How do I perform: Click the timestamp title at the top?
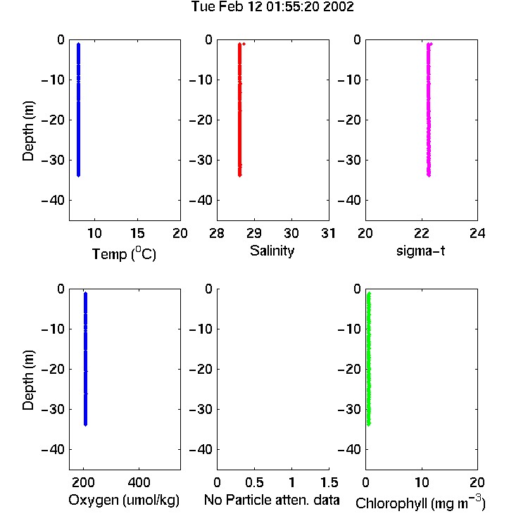272,6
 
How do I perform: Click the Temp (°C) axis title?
124,253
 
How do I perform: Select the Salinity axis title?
272,251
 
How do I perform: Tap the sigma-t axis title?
420,251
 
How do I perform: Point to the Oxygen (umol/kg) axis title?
124,500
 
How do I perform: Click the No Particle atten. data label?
272,500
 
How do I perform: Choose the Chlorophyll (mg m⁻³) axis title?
420,503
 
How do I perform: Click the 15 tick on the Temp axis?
137,233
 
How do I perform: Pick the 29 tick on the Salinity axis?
254,233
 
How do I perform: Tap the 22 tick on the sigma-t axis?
422,233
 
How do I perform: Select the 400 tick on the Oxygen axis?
139,482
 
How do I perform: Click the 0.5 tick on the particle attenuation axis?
254,482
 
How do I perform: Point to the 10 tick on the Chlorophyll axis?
422,482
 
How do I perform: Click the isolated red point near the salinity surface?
244,44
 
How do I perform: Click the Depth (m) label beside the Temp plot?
28,131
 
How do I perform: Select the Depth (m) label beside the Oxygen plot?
28,380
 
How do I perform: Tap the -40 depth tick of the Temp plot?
53,201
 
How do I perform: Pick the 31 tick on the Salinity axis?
329,233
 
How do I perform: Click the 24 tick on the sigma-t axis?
477,233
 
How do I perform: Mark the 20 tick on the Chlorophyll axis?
477,482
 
